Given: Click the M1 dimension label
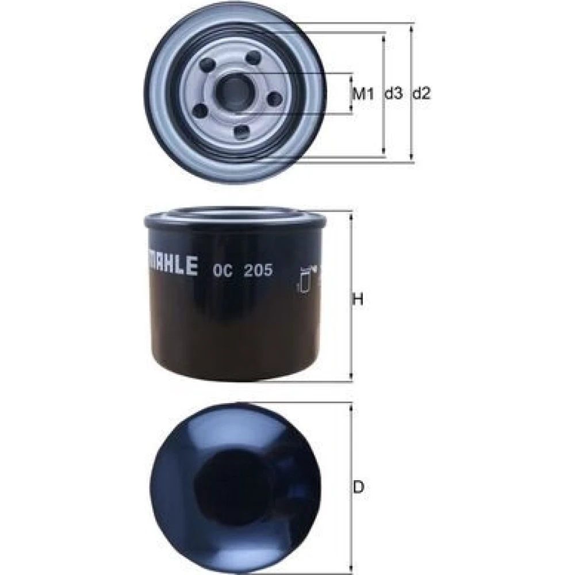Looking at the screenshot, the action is pos(363,94).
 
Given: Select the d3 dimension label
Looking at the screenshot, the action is pos(393,94).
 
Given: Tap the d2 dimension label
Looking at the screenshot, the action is pos(421,94).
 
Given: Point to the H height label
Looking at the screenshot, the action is pos(358,299).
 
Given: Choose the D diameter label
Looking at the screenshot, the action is pos(358,488).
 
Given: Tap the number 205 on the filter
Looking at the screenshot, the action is pos(259,270).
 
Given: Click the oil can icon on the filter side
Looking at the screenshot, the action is pos(306,280).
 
